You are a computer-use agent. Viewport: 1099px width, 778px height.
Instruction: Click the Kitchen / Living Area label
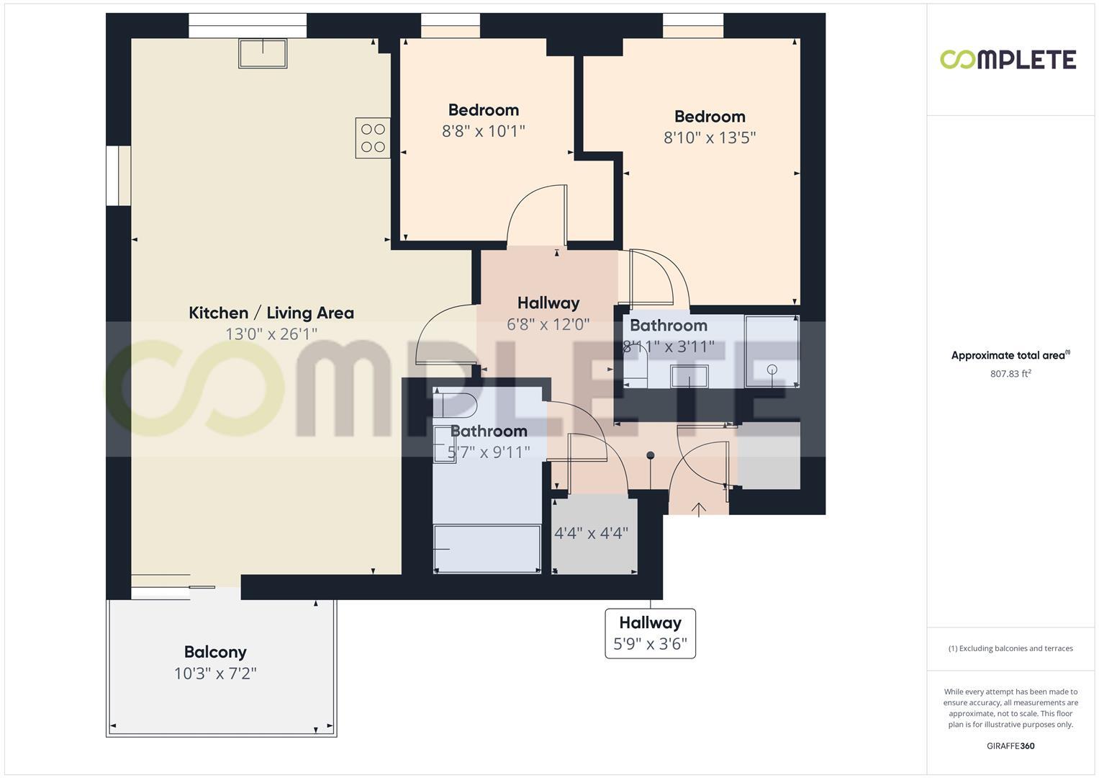271,313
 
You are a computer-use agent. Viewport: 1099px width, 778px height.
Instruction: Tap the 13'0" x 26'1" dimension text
271,334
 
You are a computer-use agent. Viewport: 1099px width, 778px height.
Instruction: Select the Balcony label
215,652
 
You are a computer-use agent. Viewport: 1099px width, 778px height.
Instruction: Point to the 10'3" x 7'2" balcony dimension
215,674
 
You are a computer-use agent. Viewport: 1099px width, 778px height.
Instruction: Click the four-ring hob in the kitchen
373,138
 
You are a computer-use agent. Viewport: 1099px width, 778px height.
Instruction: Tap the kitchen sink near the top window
263,53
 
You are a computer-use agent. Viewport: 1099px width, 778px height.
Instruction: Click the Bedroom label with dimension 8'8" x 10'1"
483,110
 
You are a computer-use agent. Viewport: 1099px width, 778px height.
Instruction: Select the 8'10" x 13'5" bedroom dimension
709,138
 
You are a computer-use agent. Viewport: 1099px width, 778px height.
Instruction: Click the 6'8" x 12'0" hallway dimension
548,324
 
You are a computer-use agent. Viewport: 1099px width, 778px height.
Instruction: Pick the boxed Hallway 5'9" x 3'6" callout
650,633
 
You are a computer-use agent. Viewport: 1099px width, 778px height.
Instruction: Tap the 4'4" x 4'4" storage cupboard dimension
591,534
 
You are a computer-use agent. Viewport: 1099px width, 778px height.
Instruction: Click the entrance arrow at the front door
699,509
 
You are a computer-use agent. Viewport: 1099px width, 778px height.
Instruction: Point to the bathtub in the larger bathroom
487,549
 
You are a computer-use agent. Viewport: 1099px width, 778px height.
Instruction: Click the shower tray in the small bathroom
772,351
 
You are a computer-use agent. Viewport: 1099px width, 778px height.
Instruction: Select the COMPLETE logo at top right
1008,59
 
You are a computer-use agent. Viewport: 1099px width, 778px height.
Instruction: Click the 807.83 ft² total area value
1010,374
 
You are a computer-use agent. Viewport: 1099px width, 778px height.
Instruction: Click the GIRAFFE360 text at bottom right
1010,746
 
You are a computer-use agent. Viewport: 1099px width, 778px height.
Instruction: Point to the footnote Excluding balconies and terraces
1010,648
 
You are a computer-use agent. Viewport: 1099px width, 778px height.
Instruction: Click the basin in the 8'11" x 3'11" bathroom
689,376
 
